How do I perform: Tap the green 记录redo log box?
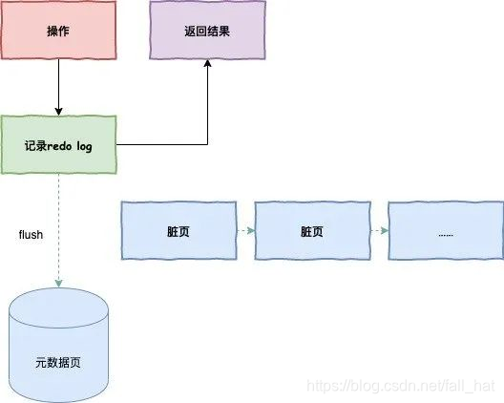click(x=59, y=144)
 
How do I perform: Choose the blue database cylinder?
click(x=58, y=345)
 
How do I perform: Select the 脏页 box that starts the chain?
click(x=179, y=230)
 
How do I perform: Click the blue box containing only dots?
click(x=446, y=230)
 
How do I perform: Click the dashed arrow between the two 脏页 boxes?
click(x=246, y=230)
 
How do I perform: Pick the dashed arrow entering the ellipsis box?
click(x=379, y=230)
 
